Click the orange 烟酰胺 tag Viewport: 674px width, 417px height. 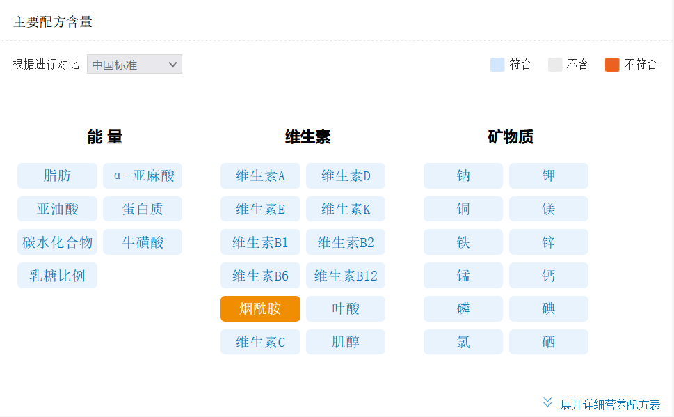(260, 308)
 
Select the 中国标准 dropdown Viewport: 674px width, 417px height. (134, 64)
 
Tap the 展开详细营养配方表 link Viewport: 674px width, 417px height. (610, 404)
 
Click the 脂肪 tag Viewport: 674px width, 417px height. (57, 175)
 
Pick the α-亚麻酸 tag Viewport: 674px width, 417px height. (143, 175)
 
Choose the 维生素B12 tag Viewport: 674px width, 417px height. (346, 276)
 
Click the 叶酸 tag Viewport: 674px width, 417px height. (346, 308)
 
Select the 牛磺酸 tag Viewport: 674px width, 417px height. (143, 242)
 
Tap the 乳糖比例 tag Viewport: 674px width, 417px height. (57, 276)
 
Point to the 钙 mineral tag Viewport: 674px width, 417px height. (549, 276)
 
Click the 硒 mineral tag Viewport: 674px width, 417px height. (549, 342)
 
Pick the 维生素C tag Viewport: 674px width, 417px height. (260, 342)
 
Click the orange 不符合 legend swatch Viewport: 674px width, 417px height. (612, 65)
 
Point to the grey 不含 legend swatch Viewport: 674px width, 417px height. (555, 65)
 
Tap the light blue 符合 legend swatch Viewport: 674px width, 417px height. (497, 65)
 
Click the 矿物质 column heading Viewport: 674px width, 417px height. (511, 137)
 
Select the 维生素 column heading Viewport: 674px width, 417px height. (307, 137)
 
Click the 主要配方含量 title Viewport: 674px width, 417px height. (53, 22)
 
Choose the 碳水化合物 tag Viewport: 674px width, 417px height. (57, 242)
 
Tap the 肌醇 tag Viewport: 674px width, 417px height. (346, 342)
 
